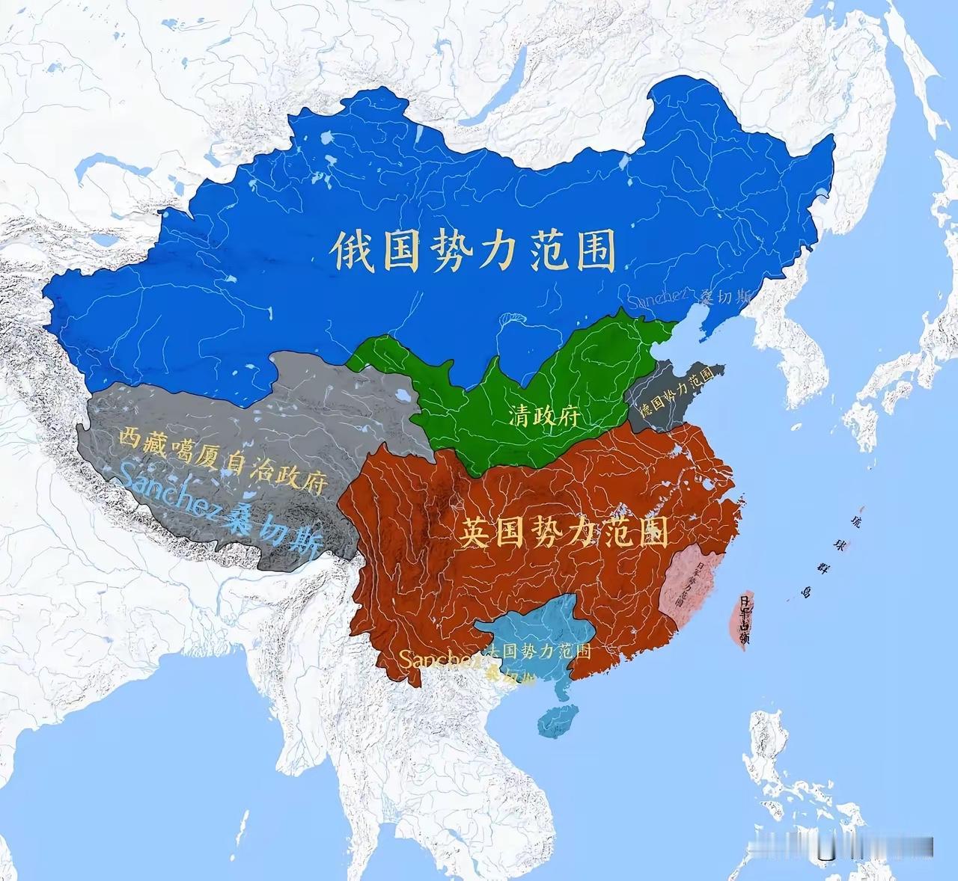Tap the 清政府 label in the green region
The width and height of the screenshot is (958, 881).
coord(544,416)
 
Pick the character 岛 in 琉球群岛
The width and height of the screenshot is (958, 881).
coord(806,594)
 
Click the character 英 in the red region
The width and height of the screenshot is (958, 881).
coord(475,532)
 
